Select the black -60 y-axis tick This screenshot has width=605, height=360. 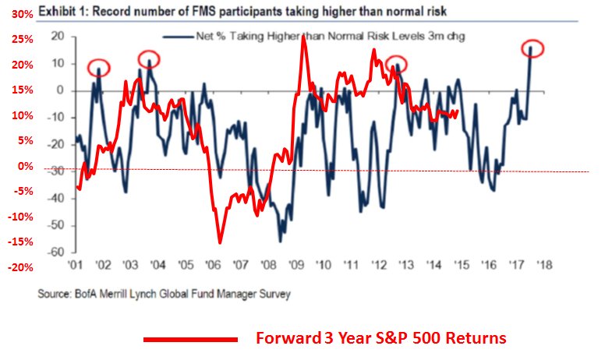point(55,252)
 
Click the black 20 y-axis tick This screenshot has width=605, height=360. point(57,37)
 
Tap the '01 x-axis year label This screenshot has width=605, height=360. point(76,265)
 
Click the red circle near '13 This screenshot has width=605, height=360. point(396,64)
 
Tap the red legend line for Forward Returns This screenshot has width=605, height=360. point(190,339)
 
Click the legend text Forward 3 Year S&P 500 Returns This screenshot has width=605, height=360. point(381,339)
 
